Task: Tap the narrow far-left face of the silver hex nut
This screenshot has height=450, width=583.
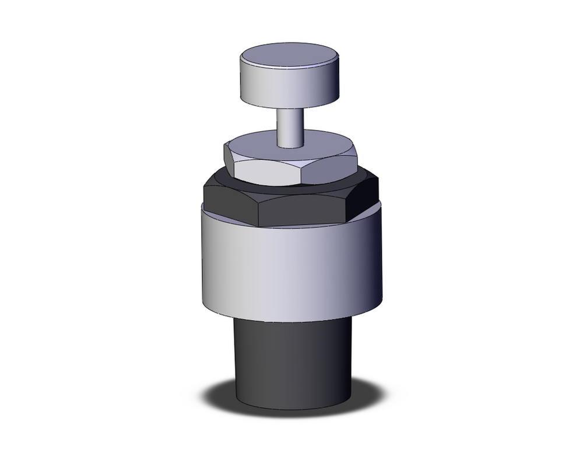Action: pyautogui.click(x=229, y=161)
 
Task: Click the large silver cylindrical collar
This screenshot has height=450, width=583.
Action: pyautogui.click(x=291, y=268)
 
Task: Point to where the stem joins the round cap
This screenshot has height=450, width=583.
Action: pyautogui.click(x=290, y=106)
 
